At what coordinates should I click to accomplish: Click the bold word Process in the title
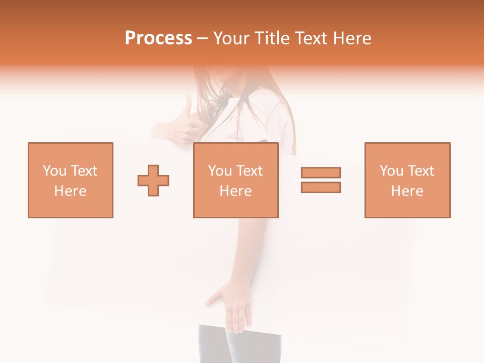coord(158,38)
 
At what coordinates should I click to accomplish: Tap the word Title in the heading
coord(273,38)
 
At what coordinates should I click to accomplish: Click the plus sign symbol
coord(153,180)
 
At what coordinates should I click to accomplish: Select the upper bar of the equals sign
coord(321,173)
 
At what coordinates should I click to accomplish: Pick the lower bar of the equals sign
coord(321,188)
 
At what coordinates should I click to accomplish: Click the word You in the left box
coord(54,171)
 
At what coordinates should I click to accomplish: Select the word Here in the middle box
coord(236,191)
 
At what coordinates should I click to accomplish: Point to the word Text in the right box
coord(420,171)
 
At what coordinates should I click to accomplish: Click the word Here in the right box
coord(407,191)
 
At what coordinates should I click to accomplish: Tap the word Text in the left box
coord(84,171)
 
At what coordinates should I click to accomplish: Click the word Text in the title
coord(312,38)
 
